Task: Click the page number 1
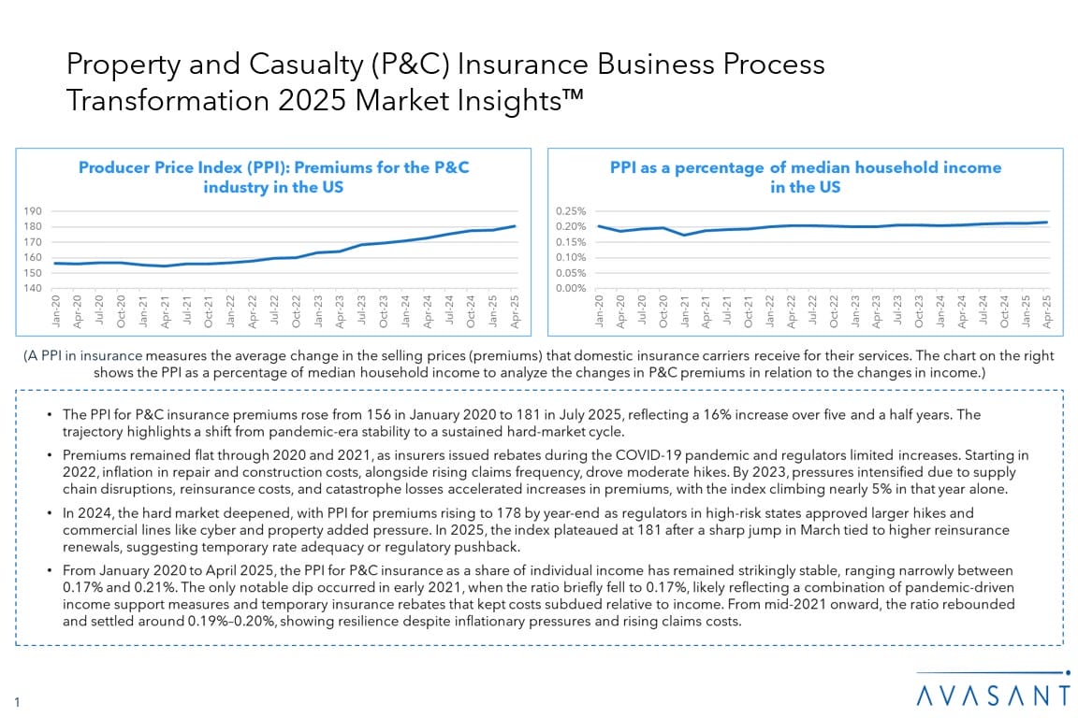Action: coord(18,700)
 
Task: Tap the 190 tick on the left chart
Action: coord(33,211)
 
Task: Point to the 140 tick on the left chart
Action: coord(33,288)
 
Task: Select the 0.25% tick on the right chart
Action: coord(571,211)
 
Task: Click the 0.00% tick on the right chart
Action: coord(571,288)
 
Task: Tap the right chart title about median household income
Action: coord(805,177)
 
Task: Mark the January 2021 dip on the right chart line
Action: coord(686,235)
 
